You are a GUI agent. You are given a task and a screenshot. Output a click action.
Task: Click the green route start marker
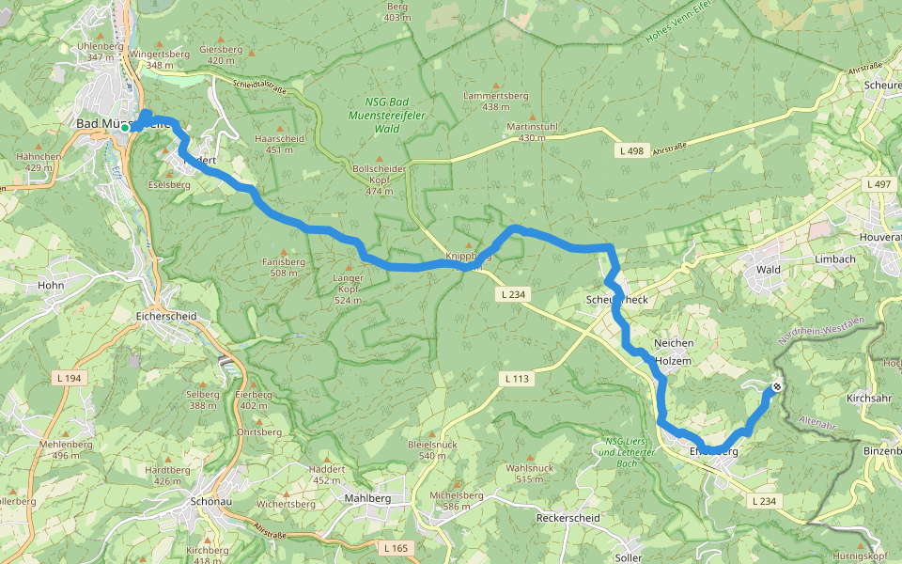coord(125,127)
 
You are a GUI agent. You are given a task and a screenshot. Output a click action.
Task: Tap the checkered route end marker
coord(777,385)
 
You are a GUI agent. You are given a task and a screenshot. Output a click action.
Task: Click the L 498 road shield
coord(632,150)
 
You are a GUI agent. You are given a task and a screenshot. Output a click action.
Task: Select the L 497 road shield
coord(880,183)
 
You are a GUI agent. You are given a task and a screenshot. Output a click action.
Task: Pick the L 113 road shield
coord(517,378)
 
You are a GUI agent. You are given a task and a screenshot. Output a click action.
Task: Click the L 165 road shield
coord(397,546)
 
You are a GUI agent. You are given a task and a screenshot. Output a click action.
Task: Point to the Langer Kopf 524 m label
coord(348,290)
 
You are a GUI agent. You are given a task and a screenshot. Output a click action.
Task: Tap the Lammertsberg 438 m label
coord(496,101)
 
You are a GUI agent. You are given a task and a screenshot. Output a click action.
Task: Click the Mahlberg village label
coord(367,498)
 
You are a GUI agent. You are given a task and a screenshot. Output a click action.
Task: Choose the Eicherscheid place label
coord(166,317)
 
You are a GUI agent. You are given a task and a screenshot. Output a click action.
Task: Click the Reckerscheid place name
coord(568,518)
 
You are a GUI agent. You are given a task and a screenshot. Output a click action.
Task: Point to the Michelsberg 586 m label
coord(456,500)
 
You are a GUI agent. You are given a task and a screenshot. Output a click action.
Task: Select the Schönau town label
coord(210,501)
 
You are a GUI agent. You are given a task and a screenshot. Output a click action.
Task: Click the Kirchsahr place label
coord(868,398)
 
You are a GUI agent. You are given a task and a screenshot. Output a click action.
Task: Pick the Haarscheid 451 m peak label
coord(279,144)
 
